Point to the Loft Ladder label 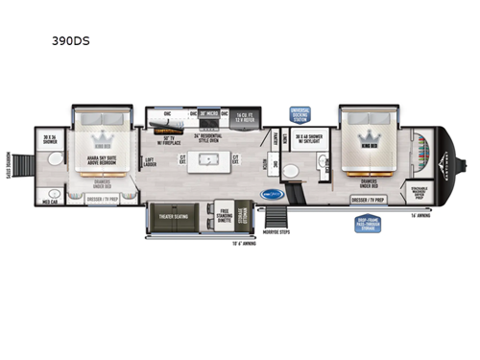pos(150,163)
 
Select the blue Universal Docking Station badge pos(300,114)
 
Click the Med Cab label pos(50,204)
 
